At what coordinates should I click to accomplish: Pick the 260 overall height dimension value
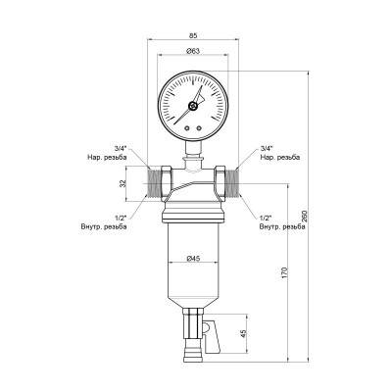coord(307,215)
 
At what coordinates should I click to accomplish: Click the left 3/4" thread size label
coord(120,148)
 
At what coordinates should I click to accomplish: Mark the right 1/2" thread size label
coord(266,218)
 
